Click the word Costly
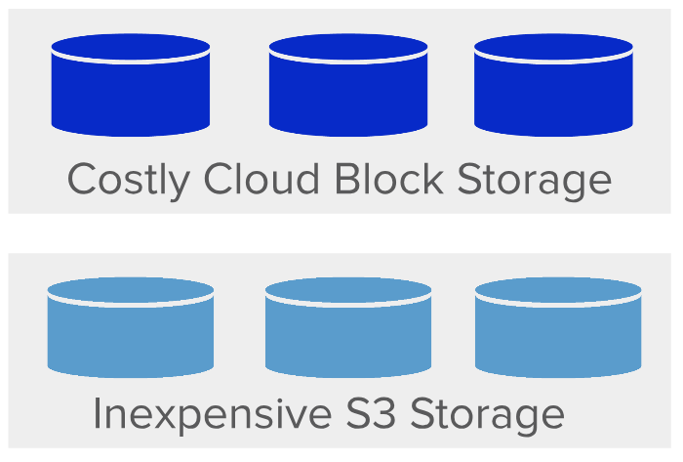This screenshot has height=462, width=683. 129,181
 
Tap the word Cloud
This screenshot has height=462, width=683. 261,178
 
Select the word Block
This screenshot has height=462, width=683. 389,178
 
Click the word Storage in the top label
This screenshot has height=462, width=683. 535,181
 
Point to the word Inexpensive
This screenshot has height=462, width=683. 212,416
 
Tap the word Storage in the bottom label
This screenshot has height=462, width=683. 488,416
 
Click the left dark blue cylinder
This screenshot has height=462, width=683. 131,85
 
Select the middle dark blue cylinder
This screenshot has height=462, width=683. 348,85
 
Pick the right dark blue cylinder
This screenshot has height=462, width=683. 553,85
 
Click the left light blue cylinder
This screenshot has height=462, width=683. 131,327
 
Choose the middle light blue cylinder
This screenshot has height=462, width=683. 348,327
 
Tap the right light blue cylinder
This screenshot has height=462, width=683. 558,327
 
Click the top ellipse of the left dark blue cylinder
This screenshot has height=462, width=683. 131,47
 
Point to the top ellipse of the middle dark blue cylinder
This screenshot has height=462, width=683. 348,47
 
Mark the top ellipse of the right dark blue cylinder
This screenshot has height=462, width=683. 553,47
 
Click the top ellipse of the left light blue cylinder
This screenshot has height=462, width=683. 131,290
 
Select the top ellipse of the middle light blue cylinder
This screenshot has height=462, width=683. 348,290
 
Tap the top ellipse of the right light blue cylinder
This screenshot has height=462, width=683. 558,290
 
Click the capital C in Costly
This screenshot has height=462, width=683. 81,179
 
